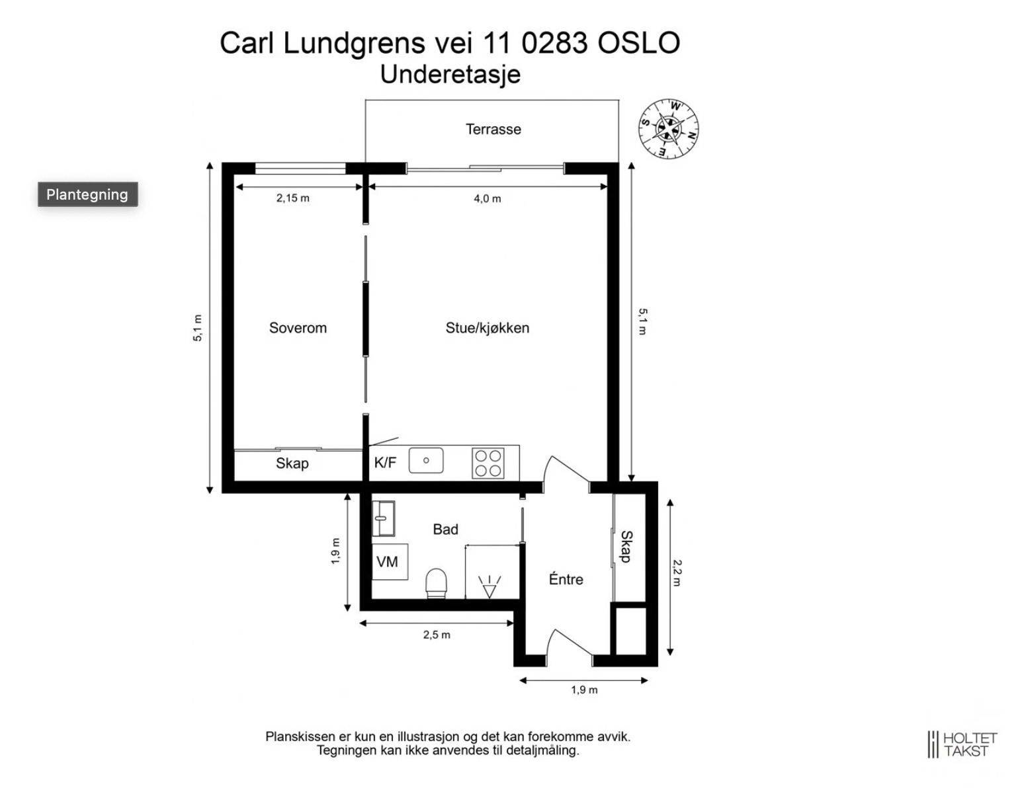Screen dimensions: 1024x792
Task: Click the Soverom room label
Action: (x=298, y=328)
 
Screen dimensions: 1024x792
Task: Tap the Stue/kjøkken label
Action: (x=488, y=328)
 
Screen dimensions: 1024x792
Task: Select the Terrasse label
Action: (x=493, y=129)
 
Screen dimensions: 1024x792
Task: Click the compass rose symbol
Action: (x=668, y=128)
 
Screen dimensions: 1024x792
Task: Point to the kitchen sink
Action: (x=426, y=460)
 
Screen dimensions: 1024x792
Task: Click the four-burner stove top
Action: (x=488, y=463)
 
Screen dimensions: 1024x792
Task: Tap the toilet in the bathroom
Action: (x=436, y=583)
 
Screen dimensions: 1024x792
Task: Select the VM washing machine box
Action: (x=390, y=562)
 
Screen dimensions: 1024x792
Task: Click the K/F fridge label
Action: (x=385, y=462)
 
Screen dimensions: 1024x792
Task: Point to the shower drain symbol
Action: (x=489, y=586)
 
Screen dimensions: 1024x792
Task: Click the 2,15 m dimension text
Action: (x=292, y=198)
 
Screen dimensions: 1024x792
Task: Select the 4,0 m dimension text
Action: (x=488, y=199)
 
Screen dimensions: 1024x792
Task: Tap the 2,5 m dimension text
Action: (x=437, y=635)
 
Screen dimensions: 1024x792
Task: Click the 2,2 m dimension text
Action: (x=677, y=573)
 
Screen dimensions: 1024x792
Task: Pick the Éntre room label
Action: (x=566, y=578)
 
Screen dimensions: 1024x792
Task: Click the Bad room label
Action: (x=445, y=530)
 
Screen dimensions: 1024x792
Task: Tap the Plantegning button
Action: (x=88, y=194)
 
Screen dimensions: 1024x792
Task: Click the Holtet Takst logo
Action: (x=962, y=744)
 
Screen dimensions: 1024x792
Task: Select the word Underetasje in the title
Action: (x=450, y=75)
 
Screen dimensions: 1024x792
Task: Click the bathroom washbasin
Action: (x=383, y=518)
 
